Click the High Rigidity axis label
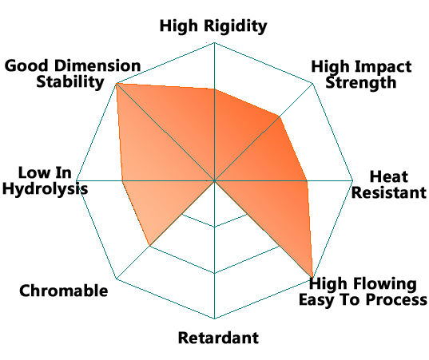point(213,26)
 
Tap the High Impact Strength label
point(361,74)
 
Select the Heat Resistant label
point(389,184)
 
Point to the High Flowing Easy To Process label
point(363,291)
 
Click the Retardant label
point(218,338)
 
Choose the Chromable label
point(63,291)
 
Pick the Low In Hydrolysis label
point(46,180)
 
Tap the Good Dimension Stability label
point(73,73)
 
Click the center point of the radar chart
point(214,180)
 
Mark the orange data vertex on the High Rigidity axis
point(214,89)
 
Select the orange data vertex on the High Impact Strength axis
point(280,117)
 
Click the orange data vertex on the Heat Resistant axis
point(307,180)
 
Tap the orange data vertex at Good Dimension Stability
point(117,83)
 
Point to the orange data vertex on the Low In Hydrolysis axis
point(122,180)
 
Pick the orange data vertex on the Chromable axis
point(149,246)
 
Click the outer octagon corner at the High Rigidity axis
point(214,42)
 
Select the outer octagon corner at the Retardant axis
point(214,318)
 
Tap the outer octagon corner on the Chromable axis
point(117,279)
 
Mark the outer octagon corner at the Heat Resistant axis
point(353,180)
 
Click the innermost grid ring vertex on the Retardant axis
point(214,227)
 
